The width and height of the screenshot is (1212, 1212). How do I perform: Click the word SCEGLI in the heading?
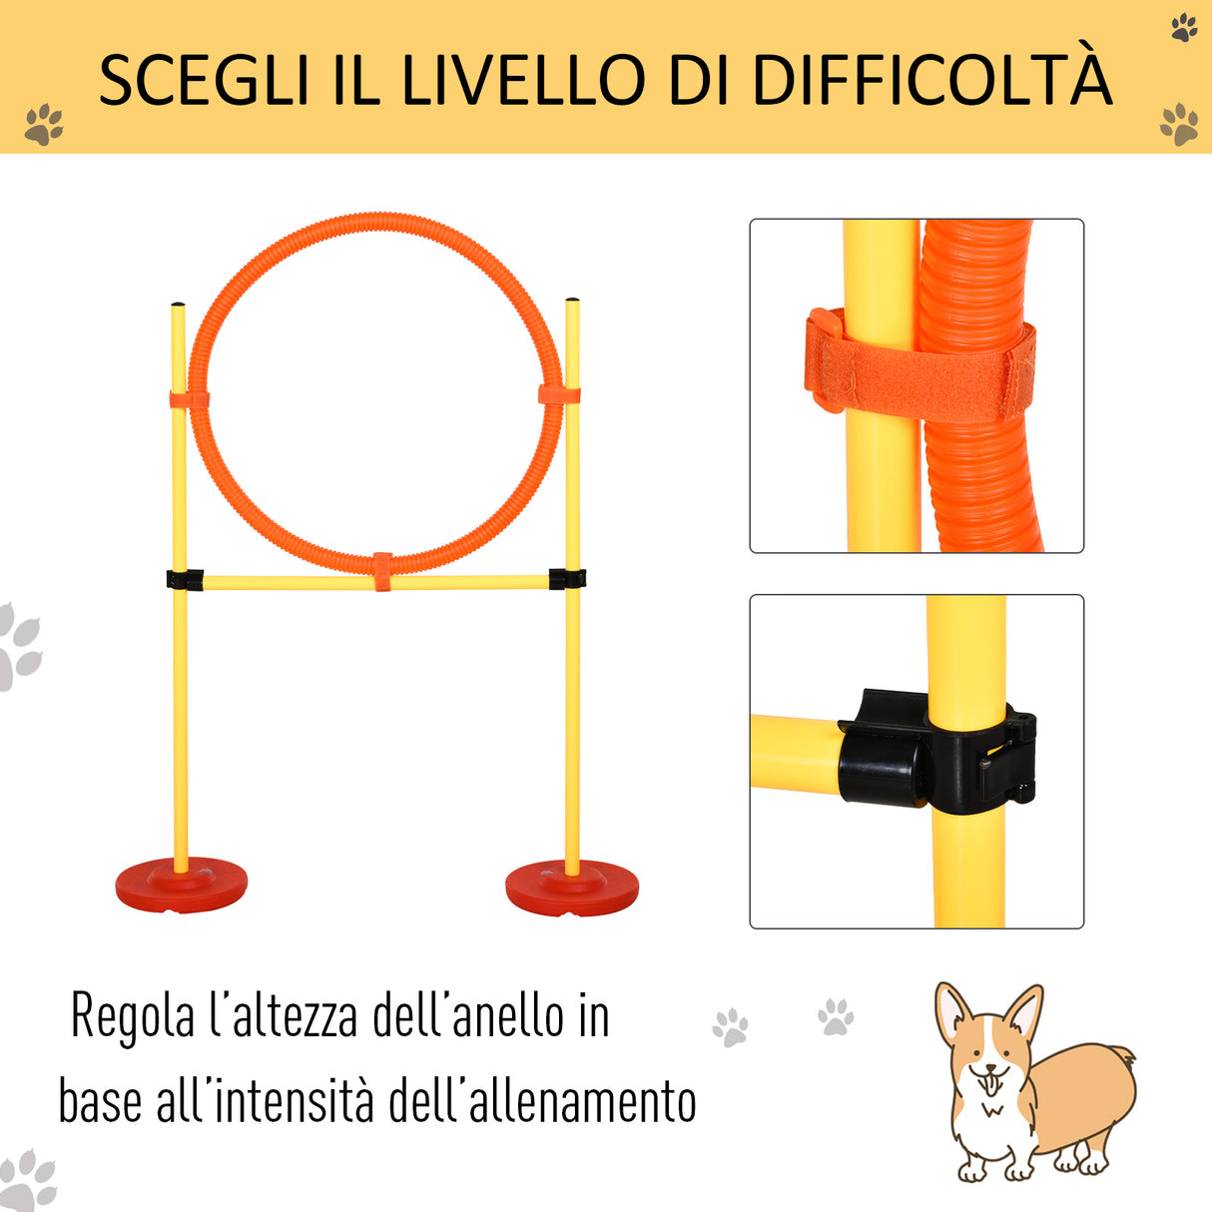(205, 80)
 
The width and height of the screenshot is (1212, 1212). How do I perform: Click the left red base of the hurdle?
(181, 884)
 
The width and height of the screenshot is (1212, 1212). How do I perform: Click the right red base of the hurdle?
(571, 888)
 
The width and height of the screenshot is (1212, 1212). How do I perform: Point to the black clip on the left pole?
(185, 579)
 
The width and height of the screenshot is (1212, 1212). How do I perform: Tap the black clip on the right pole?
(567, 578)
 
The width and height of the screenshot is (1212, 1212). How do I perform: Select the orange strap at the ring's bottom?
(382, 570)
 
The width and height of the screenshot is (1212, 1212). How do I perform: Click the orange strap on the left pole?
(189, 400)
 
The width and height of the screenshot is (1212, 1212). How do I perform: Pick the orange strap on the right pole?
(559, 394)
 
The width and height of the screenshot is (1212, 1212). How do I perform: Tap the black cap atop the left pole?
(178, 304)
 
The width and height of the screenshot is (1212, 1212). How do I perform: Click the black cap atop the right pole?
(572, 300)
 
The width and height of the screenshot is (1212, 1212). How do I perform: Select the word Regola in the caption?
(133, 1018)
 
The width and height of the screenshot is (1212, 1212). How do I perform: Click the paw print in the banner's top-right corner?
(1184, 27)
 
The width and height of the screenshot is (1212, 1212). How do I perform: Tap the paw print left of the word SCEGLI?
(43, 125)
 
